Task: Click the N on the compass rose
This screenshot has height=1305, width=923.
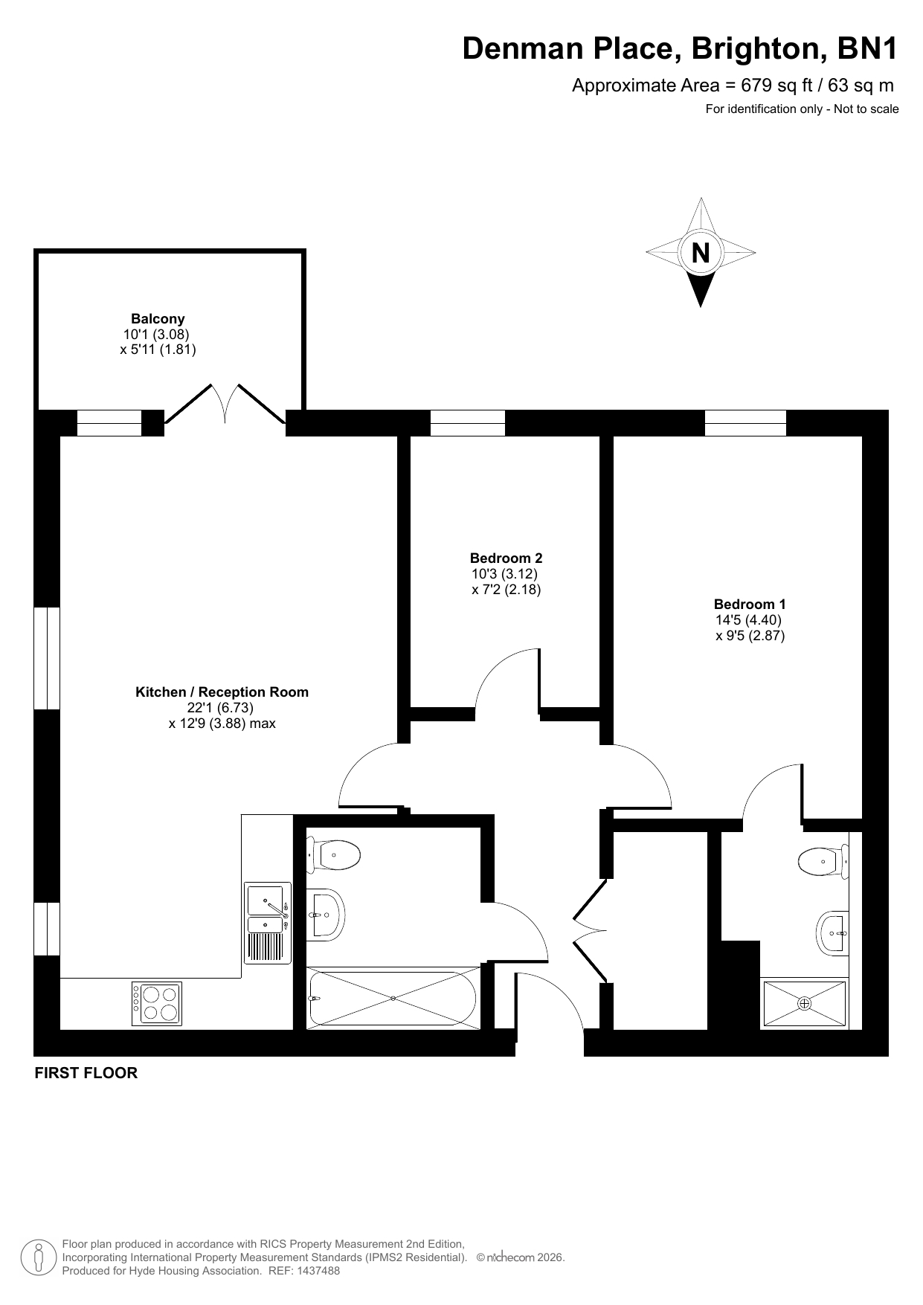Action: coord(701,254)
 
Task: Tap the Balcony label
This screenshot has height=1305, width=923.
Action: coord(158,319)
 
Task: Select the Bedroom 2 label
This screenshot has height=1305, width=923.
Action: coord(506,558)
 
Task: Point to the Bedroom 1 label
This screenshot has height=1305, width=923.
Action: coord(750,605)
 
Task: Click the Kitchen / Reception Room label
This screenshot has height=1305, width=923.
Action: coord(222,692)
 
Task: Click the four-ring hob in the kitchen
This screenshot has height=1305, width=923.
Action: coord(157,1004)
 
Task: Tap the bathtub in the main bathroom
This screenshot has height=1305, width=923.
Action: coord(393,998)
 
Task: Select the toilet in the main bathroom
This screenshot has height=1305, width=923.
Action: coord(334,854)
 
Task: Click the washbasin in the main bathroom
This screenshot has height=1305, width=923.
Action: coord(325,913)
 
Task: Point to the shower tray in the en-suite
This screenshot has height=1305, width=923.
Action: coord(805,1004)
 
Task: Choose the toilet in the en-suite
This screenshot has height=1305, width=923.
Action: coord(823,862)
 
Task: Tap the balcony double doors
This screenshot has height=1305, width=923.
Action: coord(225,404)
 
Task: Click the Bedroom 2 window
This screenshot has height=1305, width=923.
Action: coord(468,423)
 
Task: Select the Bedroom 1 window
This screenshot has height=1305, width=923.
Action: coord(745,423)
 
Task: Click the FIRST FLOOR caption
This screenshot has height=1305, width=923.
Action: coord(86,1073)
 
